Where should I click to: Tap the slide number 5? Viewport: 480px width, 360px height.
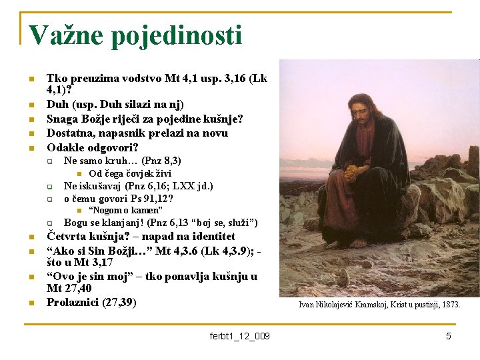pyautogui.click(x=449, y=336)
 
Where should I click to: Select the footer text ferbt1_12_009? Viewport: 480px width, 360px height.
pyautogui.click(x=239, y=336)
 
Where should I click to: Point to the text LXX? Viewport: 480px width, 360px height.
pyautogui.click(x=177, y=186)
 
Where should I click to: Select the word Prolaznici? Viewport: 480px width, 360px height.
pyautogui.click(x=73, y=302)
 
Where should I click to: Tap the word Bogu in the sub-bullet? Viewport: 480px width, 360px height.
pyautogui.click(x=75, y=223)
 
